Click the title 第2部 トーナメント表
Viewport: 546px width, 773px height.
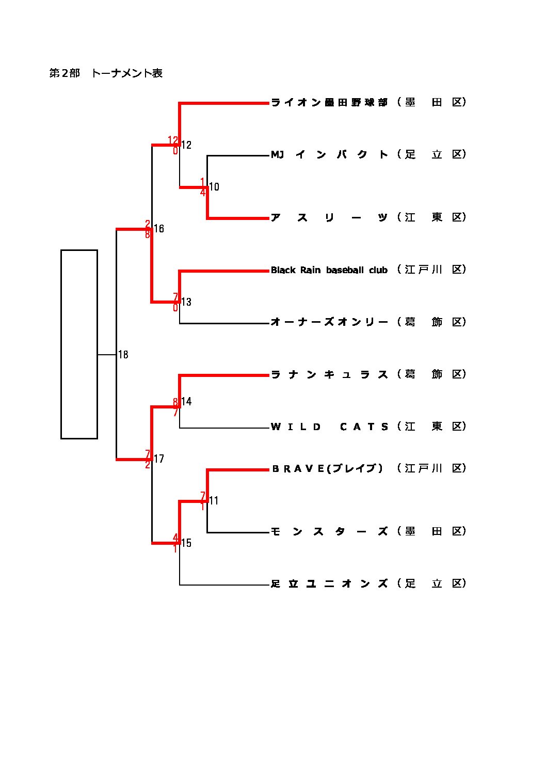pos(106,73)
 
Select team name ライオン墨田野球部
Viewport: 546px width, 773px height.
pos(329,102)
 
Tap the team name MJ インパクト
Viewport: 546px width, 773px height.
pos(329,154)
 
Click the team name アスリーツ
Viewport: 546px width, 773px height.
pos(329,217)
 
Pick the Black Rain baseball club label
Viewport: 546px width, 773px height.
pos(329,270)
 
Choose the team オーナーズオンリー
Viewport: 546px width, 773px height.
pos(329,322)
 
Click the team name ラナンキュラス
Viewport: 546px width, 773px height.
pos(329,374)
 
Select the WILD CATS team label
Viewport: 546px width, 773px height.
pos(329,427)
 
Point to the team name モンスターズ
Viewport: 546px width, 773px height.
pos(329,531)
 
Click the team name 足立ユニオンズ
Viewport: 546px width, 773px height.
pos(329,583)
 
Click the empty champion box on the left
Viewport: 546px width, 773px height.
pos(79,344)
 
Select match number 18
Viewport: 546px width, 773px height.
pos(123,355)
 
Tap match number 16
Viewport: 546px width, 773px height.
pos(159,229)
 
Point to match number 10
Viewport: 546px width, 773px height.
pos(214,187)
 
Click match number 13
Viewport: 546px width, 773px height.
pos(186,302)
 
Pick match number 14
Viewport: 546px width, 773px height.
pos(186,402)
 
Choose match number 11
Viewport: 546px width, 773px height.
pos(214,500)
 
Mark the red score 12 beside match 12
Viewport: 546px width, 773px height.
pos(173,140)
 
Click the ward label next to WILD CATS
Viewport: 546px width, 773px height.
pos(432,427)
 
